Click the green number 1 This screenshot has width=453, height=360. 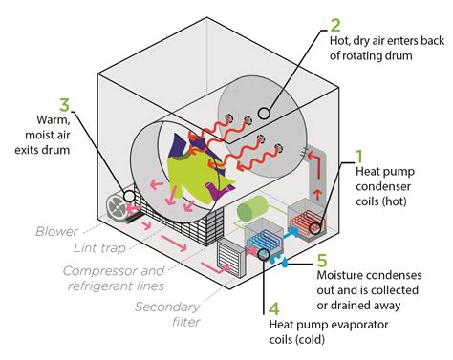(x=360, y=155)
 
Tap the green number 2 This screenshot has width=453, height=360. (x=334, y=25)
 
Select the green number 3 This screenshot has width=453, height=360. (x=64, y=105)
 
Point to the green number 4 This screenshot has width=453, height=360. (x=270, y=308)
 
